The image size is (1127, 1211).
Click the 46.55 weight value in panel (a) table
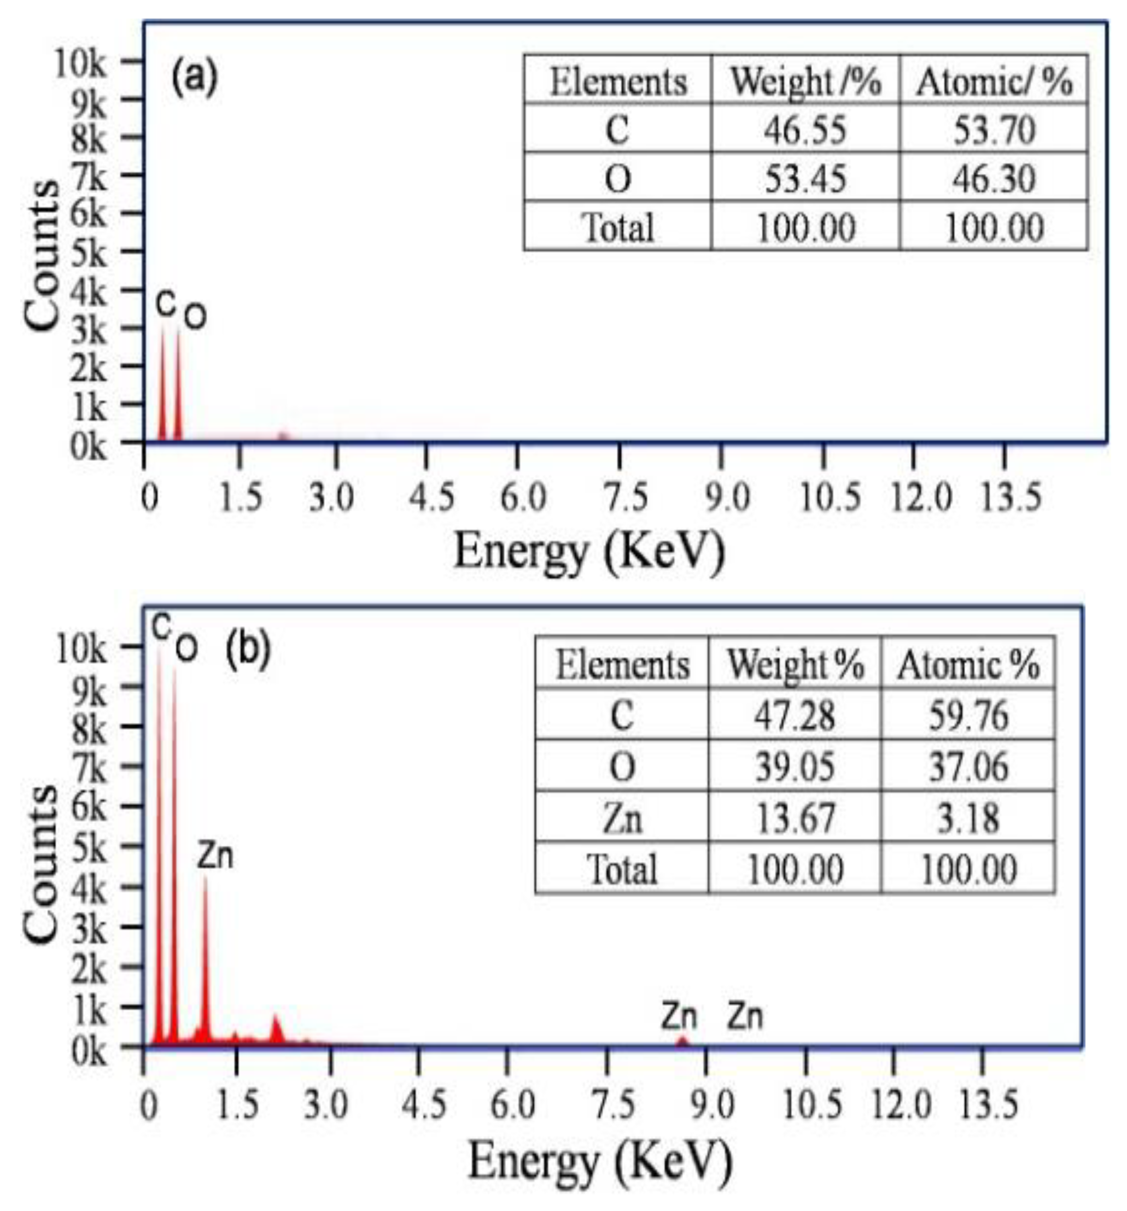pos(805,130)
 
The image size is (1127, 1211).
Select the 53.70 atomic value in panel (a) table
pos(994,130)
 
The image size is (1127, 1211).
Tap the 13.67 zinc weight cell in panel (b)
pos(795,818)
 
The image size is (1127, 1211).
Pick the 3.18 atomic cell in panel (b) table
pos(968,818)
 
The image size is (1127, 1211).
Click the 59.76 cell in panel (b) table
pos(968,715)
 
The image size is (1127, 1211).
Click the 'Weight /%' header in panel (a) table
pos(805,81)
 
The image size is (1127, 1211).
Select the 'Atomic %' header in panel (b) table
pos(968,664)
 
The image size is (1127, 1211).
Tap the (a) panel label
pos(194,78)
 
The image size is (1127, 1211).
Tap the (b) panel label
pos(247,650)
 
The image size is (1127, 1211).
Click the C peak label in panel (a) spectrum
pos(165,303)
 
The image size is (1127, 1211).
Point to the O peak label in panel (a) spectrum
pos(195,317)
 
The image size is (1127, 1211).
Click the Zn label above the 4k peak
pos(215,856)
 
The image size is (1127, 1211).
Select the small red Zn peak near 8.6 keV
pos(682,1041)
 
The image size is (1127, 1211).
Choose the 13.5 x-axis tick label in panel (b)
pos(988,1104)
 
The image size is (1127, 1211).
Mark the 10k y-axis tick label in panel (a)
pos(80,63)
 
